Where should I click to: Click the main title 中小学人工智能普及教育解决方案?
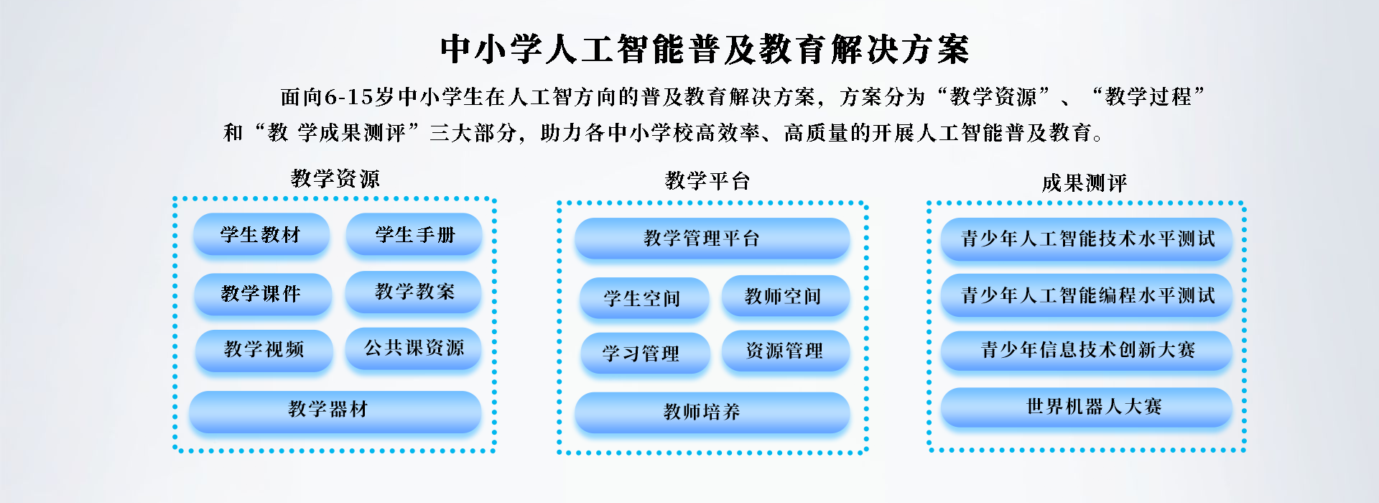click(705, 50)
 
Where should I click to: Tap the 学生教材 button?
click(261, 234)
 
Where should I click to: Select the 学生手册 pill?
click(414, 234)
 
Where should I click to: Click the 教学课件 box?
click(263, 293)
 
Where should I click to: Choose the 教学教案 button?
click(414, 292)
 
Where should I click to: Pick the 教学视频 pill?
click(264, 350)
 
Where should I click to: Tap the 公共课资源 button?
click(414, 349)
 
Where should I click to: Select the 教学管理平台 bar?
click(712, 239)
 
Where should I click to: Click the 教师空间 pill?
click(786, 296)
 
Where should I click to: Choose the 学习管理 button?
click(646, 353)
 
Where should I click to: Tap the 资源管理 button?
click(786, 351)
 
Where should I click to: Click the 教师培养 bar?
click(712, 412)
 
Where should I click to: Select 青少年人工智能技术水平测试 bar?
click(1087, 239)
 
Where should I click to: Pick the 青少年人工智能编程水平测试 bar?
click(1087, 295)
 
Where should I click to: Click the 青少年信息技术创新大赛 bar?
click(1087, 351)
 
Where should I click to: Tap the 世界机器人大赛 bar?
click(1087, 407)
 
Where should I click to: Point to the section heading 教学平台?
click(707, 180)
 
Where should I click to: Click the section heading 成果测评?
click(1084, 183)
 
